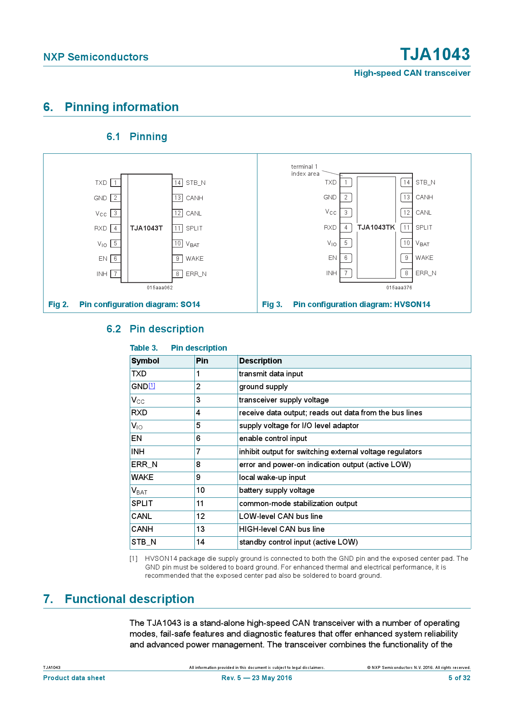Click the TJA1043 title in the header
[x=435, y=54]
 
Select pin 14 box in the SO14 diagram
[x=177, y=183]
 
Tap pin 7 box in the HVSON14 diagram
[x=346, y=273]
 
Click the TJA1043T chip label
[x=146, y=228]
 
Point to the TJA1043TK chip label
[x=376, y=228]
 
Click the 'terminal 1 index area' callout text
[x=305, y=170]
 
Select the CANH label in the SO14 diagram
[x=194, y=198]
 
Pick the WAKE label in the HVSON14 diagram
[x=424, y=258]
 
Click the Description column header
[x=260, y=361]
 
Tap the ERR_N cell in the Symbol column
[x=144, y=465]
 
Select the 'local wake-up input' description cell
[x=272, y=477]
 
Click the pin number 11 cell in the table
[x=200, y=504]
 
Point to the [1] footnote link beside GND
[x=152, y=385]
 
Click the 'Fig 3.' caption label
[x=272, y=305]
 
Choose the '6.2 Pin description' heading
[x=155, y=329]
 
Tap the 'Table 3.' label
[x=143, y=348]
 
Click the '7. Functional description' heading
[x=119, y=599]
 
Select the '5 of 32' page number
[x=459, y=678]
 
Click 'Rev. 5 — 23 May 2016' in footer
[x=257, y=678]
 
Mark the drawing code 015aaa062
[x=160, y=288]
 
